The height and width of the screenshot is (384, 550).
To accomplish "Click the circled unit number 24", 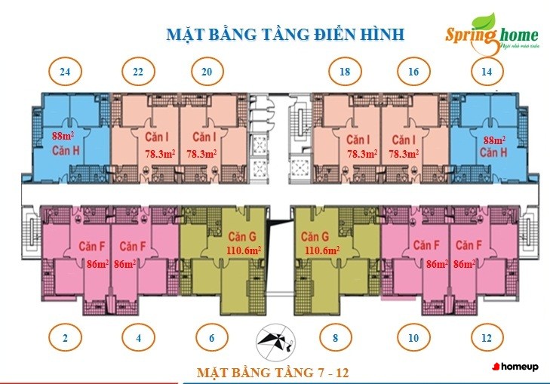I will (65, 72).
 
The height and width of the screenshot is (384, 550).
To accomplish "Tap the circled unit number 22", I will (138, 72).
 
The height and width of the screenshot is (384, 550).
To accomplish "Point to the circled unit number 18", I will (346, 72).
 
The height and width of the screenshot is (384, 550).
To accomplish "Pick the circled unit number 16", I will (413, 72).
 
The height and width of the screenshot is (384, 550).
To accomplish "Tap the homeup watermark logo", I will (516, 366).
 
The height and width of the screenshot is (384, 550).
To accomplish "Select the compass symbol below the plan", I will (273, 343).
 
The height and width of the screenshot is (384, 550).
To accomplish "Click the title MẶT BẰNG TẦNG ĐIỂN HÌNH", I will (284, 34).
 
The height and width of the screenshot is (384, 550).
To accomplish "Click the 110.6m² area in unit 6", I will (244, 250).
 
